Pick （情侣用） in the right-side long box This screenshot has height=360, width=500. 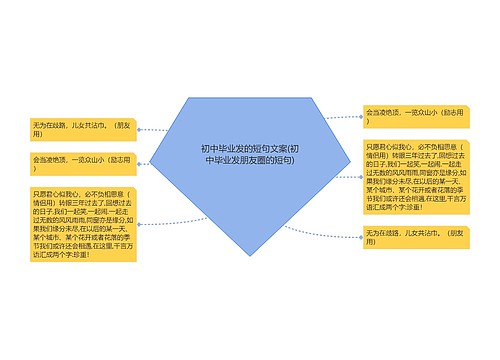pos(386,156)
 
